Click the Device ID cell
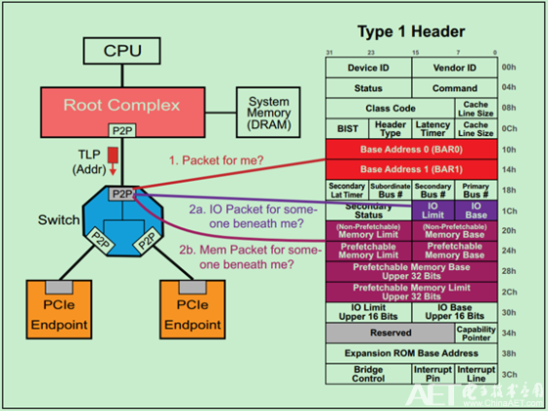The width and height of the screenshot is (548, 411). click(369, 68)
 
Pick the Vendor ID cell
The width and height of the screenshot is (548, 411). click(454, 68)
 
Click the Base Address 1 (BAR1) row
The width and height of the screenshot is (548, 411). click(411, 168)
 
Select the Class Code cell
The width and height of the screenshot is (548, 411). click(389, 108)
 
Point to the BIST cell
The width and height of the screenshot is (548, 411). click(346, 128)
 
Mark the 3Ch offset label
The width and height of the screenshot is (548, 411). click(509, 373)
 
